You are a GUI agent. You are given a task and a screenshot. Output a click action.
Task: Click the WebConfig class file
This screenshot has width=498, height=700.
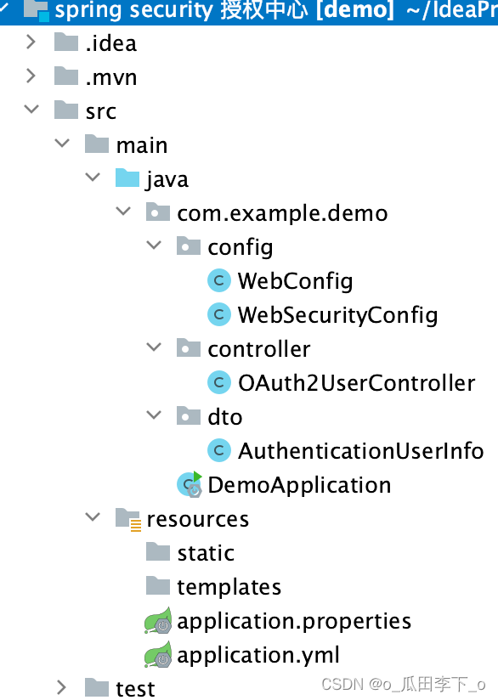coord(294,281)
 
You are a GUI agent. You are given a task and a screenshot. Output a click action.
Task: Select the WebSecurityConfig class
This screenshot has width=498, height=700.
coord(337,315)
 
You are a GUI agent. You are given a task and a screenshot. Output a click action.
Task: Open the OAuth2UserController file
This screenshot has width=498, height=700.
coord(355,383)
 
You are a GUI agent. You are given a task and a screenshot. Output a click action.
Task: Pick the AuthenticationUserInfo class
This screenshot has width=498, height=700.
coord(360,451)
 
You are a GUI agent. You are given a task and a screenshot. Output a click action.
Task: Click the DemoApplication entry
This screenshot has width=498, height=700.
coord(298,485)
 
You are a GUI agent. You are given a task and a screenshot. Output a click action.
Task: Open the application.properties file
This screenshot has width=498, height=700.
coord(293,621)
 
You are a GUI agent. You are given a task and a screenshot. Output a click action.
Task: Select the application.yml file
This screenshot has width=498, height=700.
coord(257,655)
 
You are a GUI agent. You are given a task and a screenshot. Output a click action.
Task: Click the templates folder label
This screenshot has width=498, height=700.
coord(229,587)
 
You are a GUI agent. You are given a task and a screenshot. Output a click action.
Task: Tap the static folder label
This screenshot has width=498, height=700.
coord(206,553)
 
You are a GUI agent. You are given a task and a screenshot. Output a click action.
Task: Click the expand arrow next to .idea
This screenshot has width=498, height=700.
coord(31,42)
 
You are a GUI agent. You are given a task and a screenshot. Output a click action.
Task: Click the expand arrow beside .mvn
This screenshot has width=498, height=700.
coord(31,76)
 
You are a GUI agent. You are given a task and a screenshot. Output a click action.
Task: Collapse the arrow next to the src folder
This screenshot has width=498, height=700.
coord(31,110)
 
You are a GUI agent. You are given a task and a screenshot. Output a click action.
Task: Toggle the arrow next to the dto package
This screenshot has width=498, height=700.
coord(154,416)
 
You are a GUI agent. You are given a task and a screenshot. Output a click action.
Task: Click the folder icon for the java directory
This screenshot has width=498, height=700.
coord(127,179)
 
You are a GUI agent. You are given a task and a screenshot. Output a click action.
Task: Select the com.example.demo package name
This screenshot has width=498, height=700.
coord(282,213)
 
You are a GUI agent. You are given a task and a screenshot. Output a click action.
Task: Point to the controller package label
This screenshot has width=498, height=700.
coord(258,349)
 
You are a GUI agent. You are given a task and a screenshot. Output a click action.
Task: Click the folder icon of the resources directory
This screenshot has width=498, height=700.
coord(127,519)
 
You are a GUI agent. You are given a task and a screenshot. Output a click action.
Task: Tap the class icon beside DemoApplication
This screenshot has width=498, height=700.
coord(189,484)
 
